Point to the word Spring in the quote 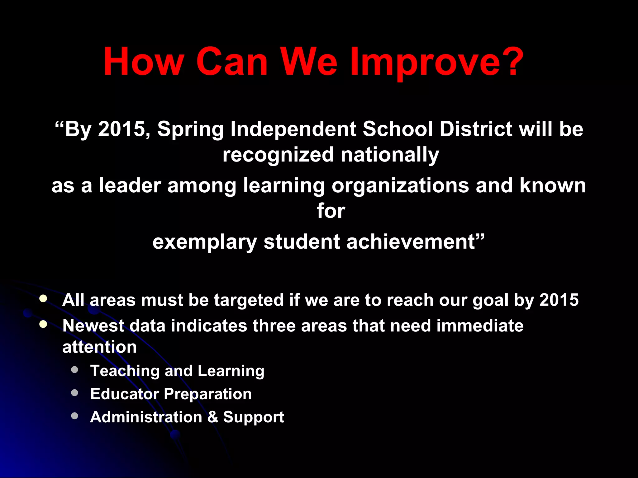pos(190,129)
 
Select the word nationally pos(390,155)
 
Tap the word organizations pos(400,186)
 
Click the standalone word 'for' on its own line pos(331,211)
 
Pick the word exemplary pos(205,242)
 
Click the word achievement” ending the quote pos(416,242)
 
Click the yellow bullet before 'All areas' pos(43,299)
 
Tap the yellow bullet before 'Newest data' pos(43,325)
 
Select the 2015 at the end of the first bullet pos(559,300)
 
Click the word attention pos(100,347)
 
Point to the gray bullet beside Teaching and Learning pos(74,370)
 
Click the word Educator pos(125,394)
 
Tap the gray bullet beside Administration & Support pos(74,416)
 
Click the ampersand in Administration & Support pos(213,417)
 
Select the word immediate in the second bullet pos(480,326)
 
